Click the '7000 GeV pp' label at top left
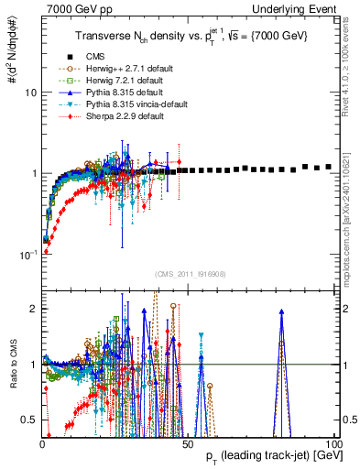(72, 8)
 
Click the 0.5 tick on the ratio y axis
(30, 420)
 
